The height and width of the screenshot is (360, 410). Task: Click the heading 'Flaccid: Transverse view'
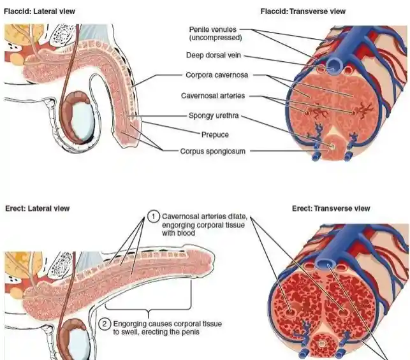pyautogui.click(x=303, y=11)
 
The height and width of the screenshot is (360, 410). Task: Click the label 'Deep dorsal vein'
pyautogui.click(x=213, y=55)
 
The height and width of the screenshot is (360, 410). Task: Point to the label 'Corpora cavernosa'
pyautogui.click(x=216, y=75)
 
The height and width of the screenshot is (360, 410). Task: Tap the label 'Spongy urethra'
pyautogui.click(x=214, y=116)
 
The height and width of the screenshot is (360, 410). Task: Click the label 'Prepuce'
pyautogui.click(x=214, y=134)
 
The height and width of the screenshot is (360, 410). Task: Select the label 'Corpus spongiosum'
pyautogui.click(x=213, y=152)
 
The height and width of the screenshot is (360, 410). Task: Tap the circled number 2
pyautogui.click(x=106, y=324)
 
